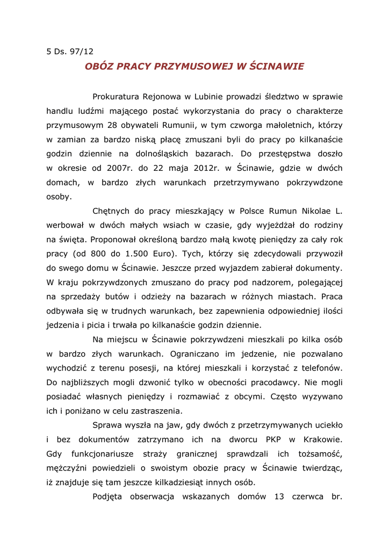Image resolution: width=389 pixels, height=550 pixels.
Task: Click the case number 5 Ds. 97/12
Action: [x=70, y=52]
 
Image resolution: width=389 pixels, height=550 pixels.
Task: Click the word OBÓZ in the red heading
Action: [x=99, y=67]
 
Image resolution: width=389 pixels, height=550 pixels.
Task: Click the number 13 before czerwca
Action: [x=279, y=496]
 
